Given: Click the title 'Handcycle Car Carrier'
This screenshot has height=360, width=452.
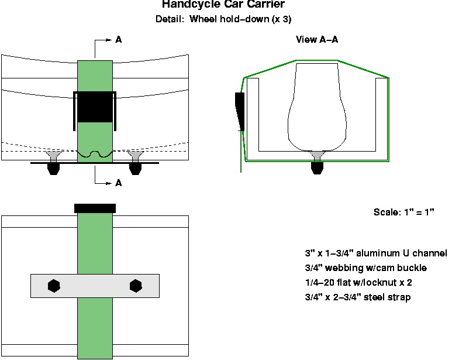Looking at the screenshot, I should [x=223, y=5].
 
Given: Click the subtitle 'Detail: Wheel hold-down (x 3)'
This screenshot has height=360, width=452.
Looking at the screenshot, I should [x=223, y=19].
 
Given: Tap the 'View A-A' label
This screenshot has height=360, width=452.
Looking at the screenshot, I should [x=317, y=40].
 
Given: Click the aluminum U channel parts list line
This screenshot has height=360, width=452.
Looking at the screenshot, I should [x=375, y=253].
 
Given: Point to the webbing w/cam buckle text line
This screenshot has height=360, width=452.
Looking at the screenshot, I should [x=365, y=268].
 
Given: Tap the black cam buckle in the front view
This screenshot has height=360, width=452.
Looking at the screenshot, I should [x=95, y=107].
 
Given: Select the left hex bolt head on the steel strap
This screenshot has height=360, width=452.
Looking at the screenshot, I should [x=54, y=286].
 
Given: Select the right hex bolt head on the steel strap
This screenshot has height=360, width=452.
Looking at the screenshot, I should [x=136, y=286].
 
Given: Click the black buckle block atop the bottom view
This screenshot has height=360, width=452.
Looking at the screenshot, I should [x=95, y=208].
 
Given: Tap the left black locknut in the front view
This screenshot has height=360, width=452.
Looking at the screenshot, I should [x=54, y=169].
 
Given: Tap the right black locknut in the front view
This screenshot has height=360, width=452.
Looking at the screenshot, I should [x=136, y=169].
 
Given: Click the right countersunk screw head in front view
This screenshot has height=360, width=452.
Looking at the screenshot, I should [x=136, y=156].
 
